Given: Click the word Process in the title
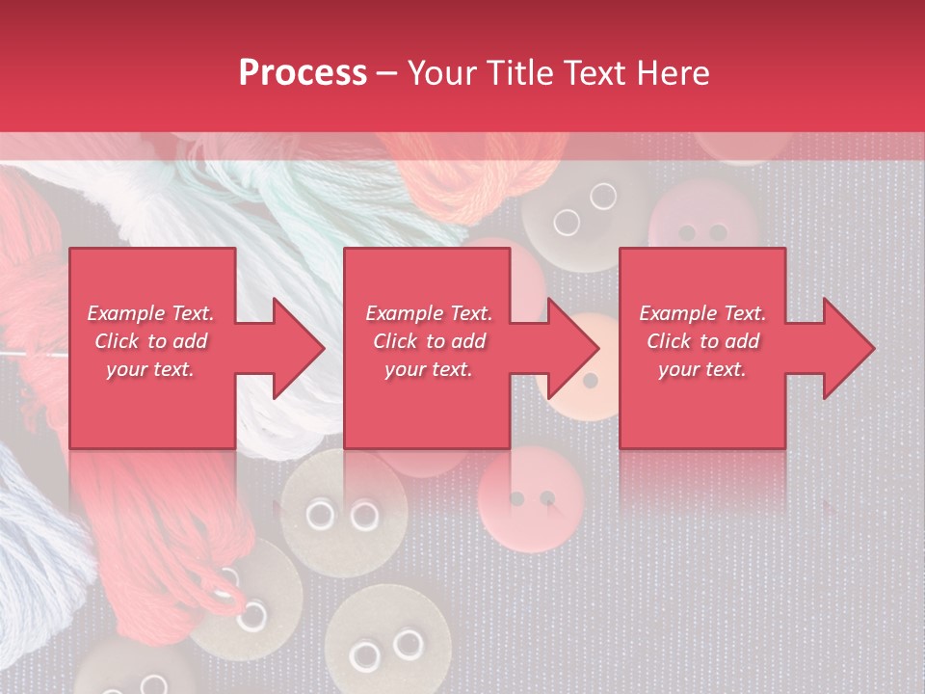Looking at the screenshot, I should [303, 73].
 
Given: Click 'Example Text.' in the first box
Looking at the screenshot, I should [150, 313].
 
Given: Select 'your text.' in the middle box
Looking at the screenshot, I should [429, 369].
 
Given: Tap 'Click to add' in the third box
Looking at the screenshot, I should [702, 341].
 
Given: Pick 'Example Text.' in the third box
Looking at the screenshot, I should [702, 313].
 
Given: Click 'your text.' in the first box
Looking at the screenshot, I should [150, 369].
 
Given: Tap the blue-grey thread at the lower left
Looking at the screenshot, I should [39, 520].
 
